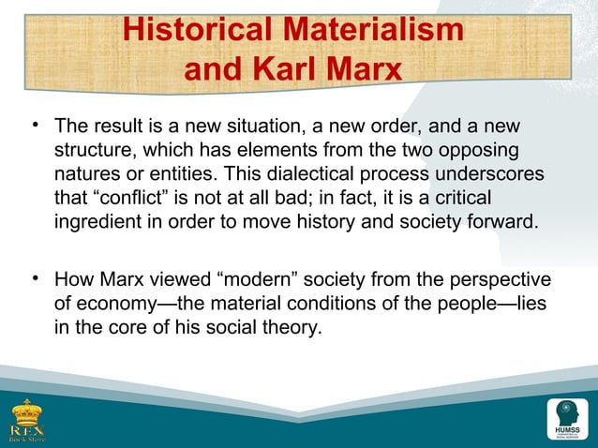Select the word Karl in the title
pyautogui.click(x=292, y=70)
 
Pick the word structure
pyautogui.click(x=92, y=151)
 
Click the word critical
pyautogui.click(x=456, y=200)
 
